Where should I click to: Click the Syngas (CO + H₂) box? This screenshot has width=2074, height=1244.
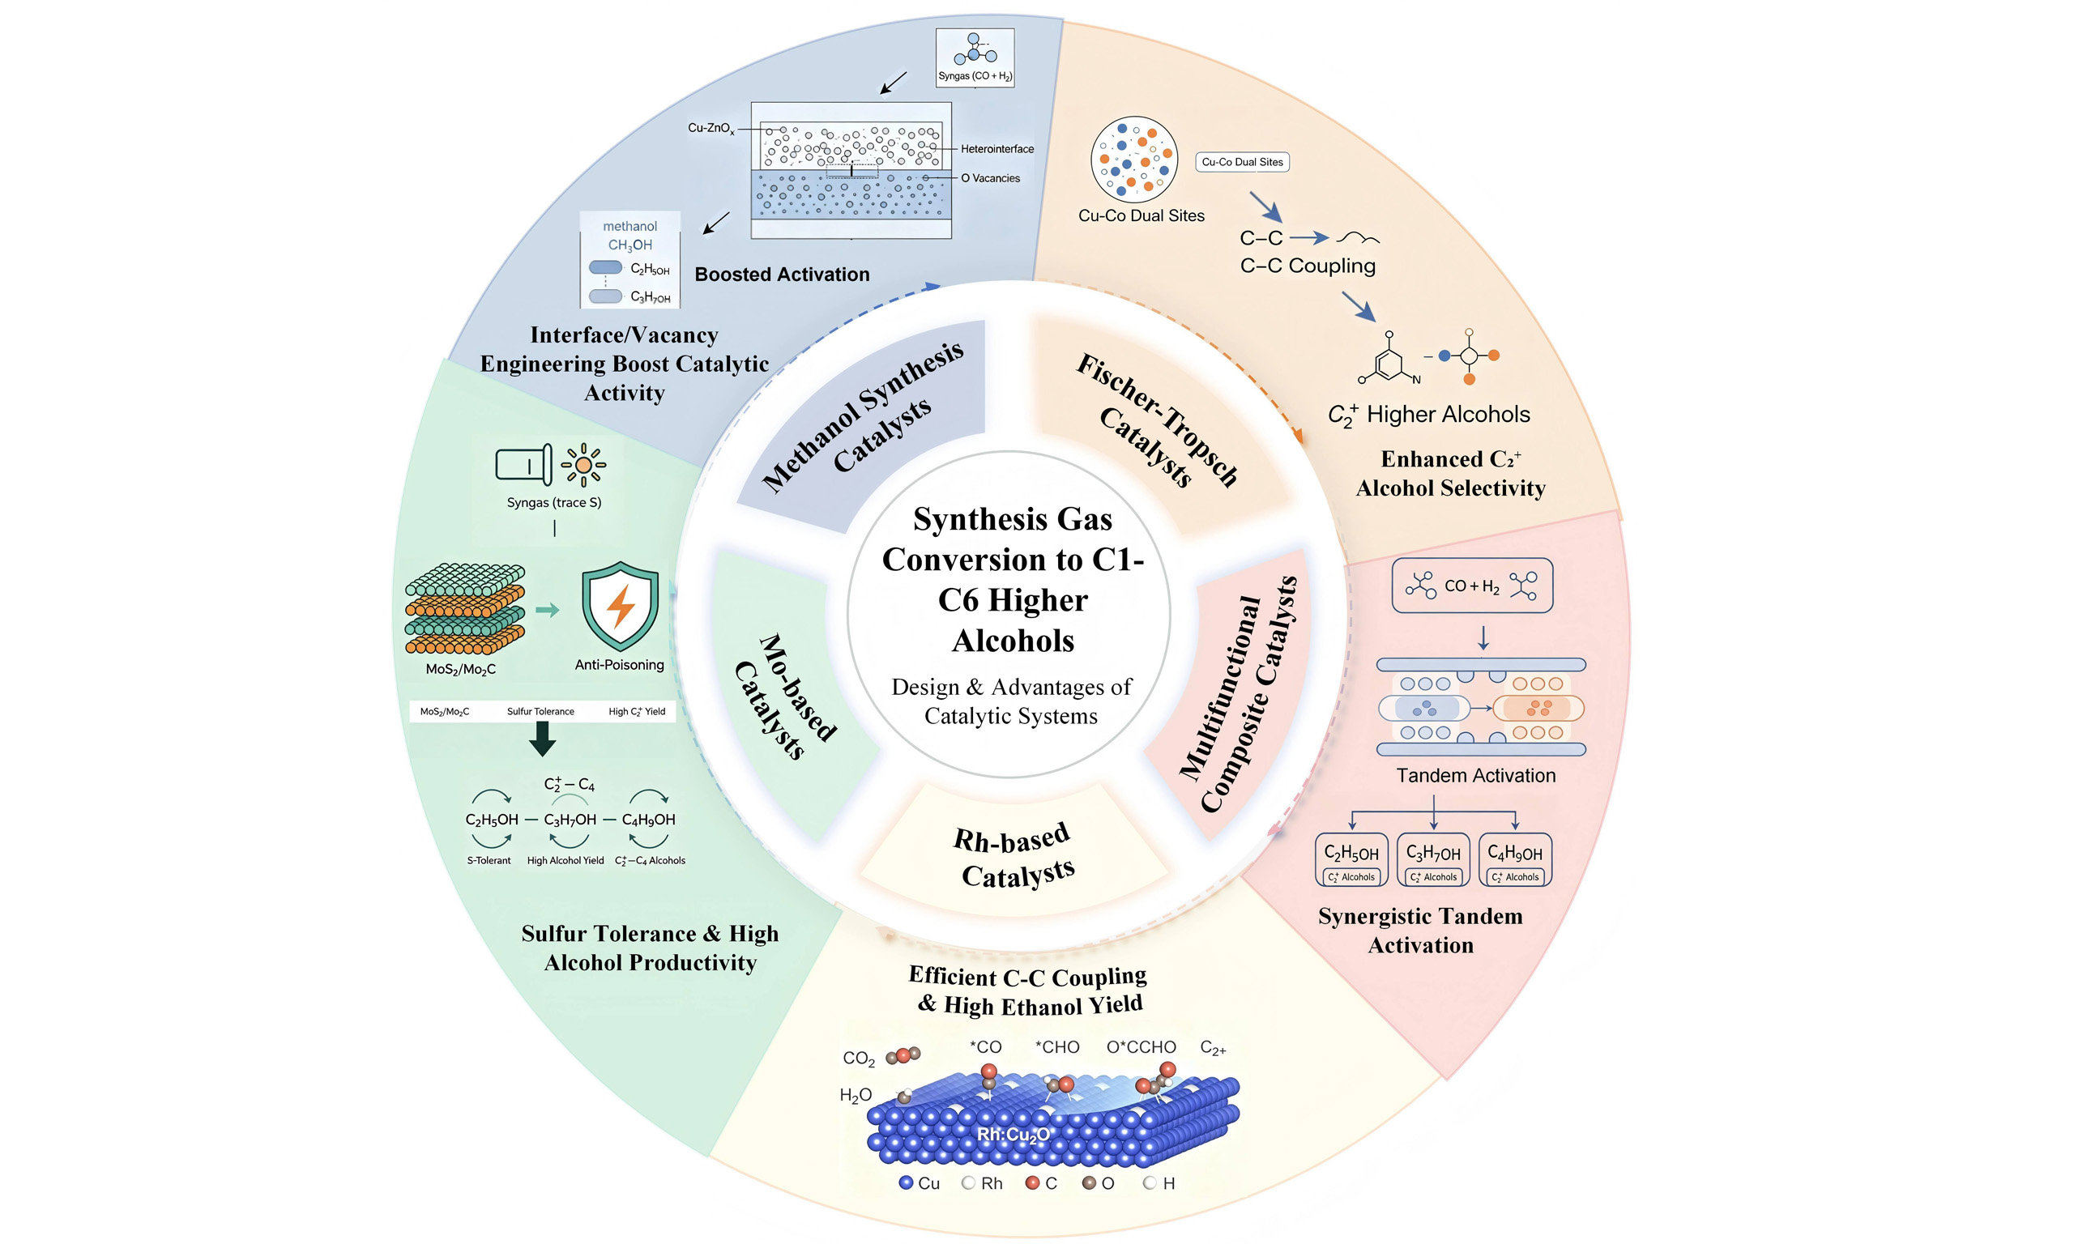[x=975, y=58]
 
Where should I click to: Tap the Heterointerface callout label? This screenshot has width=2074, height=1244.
[x=996, y=149]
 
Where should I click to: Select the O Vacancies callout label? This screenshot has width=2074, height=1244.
[x=990, y=178]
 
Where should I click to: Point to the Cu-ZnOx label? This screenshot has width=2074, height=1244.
[x=711, y=128]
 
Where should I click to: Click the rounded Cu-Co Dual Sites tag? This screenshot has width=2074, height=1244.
[x=1243, y=162]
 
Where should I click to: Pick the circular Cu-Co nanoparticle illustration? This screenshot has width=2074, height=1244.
[x=1134, y=160]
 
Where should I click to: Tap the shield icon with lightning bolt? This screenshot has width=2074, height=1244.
[x=621, y=606]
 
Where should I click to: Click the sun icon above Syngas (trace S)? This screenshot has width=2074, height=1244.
[x=583, y=464]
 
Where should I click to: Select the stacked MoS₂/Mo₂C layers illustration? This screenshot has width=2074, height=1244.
[x=465, y=608]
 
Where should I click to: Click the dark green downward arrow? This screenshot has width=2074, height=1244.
[x=542, y=739]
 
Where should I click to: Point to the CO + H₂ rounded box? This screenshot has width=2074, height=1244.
[x=1472, y=585]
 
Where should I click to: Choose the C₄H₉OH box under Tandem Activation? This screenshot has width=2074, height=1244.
[x=1515, y=859]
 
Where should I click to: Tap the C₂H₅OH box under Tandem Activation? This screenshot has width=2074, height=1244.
[x=1351, y=859]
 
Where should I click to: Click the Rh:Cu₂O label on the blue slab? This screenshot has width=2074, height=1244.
[x=1013, y=1135]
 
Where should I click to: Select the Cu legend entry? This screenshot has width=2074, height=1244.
[x=920, y=1182]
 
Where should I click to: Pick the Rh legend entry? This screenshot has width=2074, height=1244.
[x=983, y=1182]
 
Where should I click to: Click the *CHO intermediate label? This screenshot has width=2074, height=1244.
[x=1057, y=1047]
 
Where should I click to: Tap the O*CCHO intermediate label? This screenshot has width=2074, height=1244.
[x=1141, y=1047]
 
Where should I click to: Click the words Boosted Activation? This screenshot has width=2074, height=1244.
[x=782, y=274]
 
